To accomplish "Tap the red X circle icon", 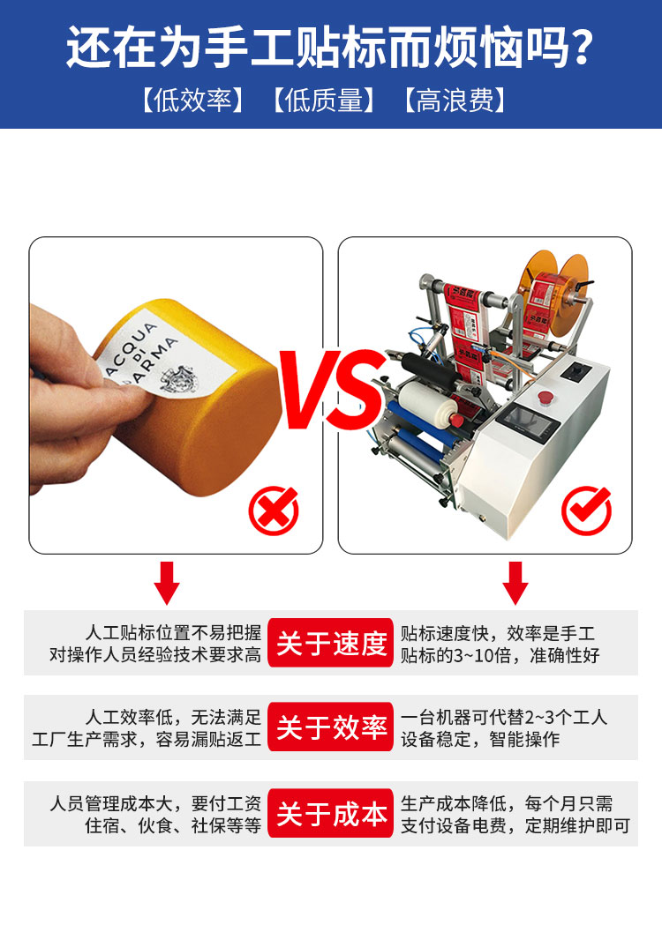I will pos(274,511).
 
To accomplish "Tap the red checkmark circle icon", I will pos(586,509).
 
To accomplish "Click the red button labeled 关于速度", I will pos(331,643).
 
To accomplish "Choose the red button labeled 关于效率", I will pos(331,727).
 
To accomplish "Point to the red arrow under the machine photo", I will pos(515,581).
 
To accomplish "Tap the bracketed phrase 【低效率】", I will pos(192,101).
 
